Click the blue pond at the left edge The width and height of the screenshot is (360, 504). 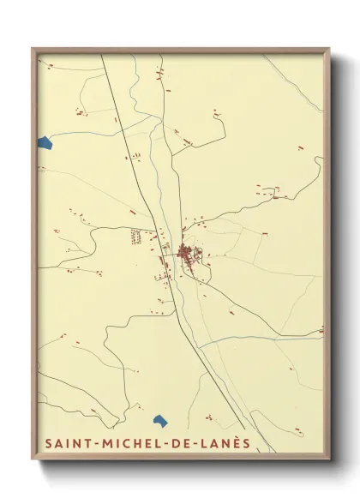point(45,142)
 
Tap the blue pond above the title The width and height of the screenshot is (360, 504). point(159,420)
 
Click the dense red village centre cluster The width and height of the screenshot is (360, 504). point(186,252)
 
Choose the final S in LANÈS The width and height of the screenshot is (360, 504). point(246,443)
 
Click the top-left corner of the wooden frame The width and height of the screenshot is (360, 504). point(33,49)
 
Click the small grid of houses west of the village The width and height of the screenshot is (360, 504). point(136,237)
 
